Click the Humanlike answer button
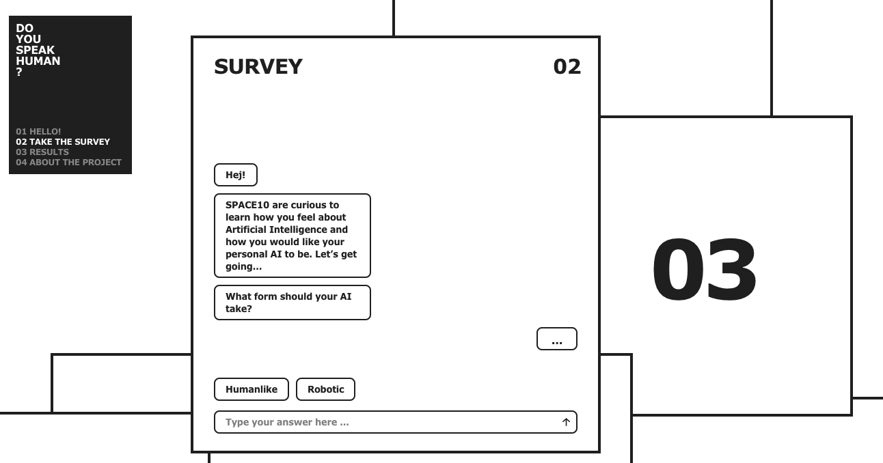click(x=252, y=389)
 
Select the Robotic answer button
click(x=325, y=389)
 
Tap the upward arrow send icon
click(x=566, y=422)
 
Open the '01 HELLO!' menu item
click(x=38, y=132)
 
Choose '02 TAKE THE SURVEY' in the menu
click(x=63, y=142)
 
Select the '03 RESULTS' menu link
click(x=42, y=152)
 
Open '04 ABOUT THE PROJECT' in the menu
click(x=69, y=163)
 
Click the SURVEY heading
click(x=258, y=67)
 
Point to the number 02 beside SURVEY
click(x=567, y=67)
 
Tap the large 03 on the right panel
click(x=705, y=270)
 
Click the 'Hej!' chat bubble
click(x=236, y=175)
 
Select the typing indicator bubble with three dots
click(x=557, y=339)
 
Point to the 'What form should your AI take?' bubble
click(x=293, y=303)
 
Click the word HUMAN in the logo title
click(x=38, y=61)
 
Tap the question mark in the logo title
click(x=19, y=72)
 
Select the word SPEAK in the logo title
click(x=35, y=50)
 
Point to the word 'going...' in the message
click(x=243, y=267)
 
